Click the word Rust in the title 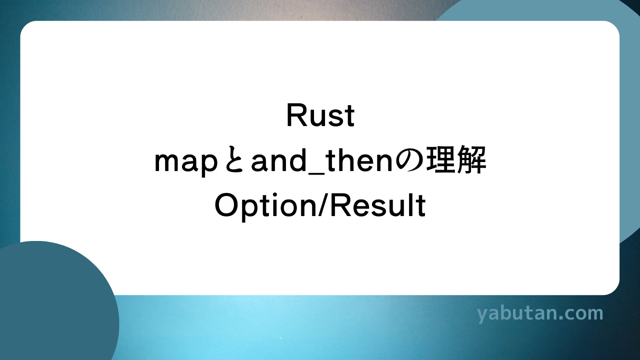click(320, 116)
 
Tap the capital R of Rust click(295, 116)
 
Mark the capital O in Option click(226, 206)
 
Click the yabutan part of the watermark click(514, 314)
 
